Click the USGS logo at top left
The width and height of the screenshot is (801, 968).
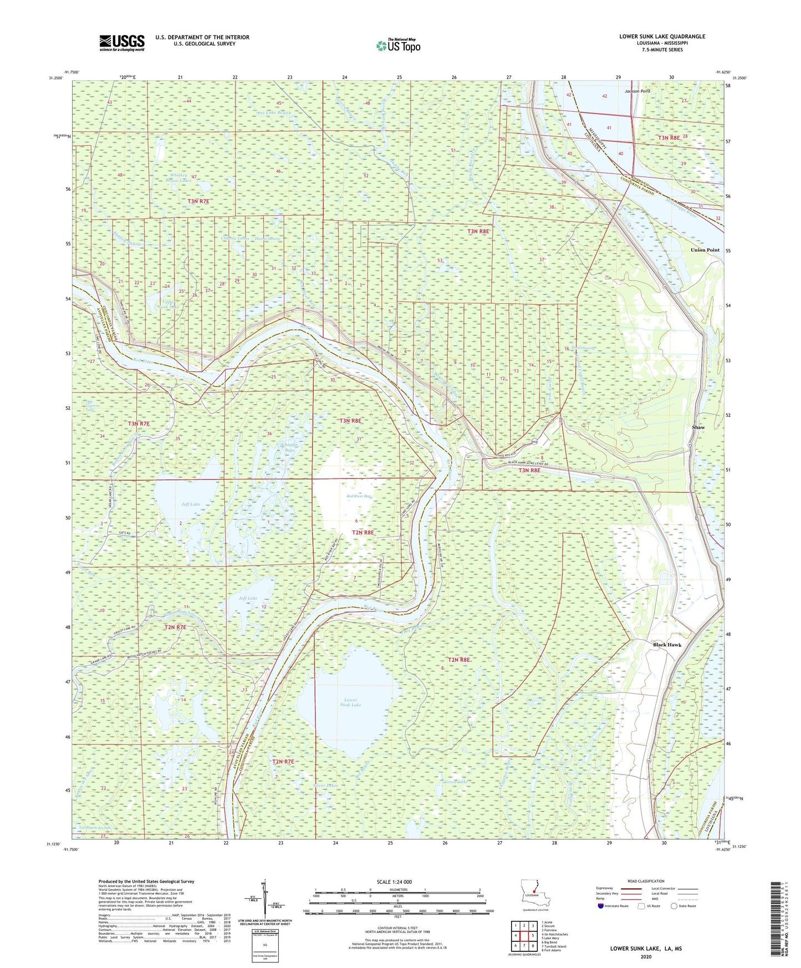[x=122, y=43]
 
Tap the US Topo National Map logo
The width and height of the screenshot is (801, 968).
[x=399, y=45]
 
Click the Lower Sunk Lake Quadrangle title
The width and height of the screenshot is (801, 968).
[x=662, y=37]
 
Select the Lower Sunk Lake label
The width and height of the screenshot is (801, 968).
[x=351, y=702]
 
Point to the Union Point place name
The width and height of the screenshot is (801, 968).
[x=705, y=250]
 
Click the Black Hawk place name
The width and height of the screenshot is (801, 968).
[x=666, y=645]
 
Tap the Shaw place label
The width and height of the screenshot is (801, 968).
[x=698, y=427]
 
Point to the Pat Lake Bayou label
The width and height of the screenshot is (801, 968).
[x=274, y=113]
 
